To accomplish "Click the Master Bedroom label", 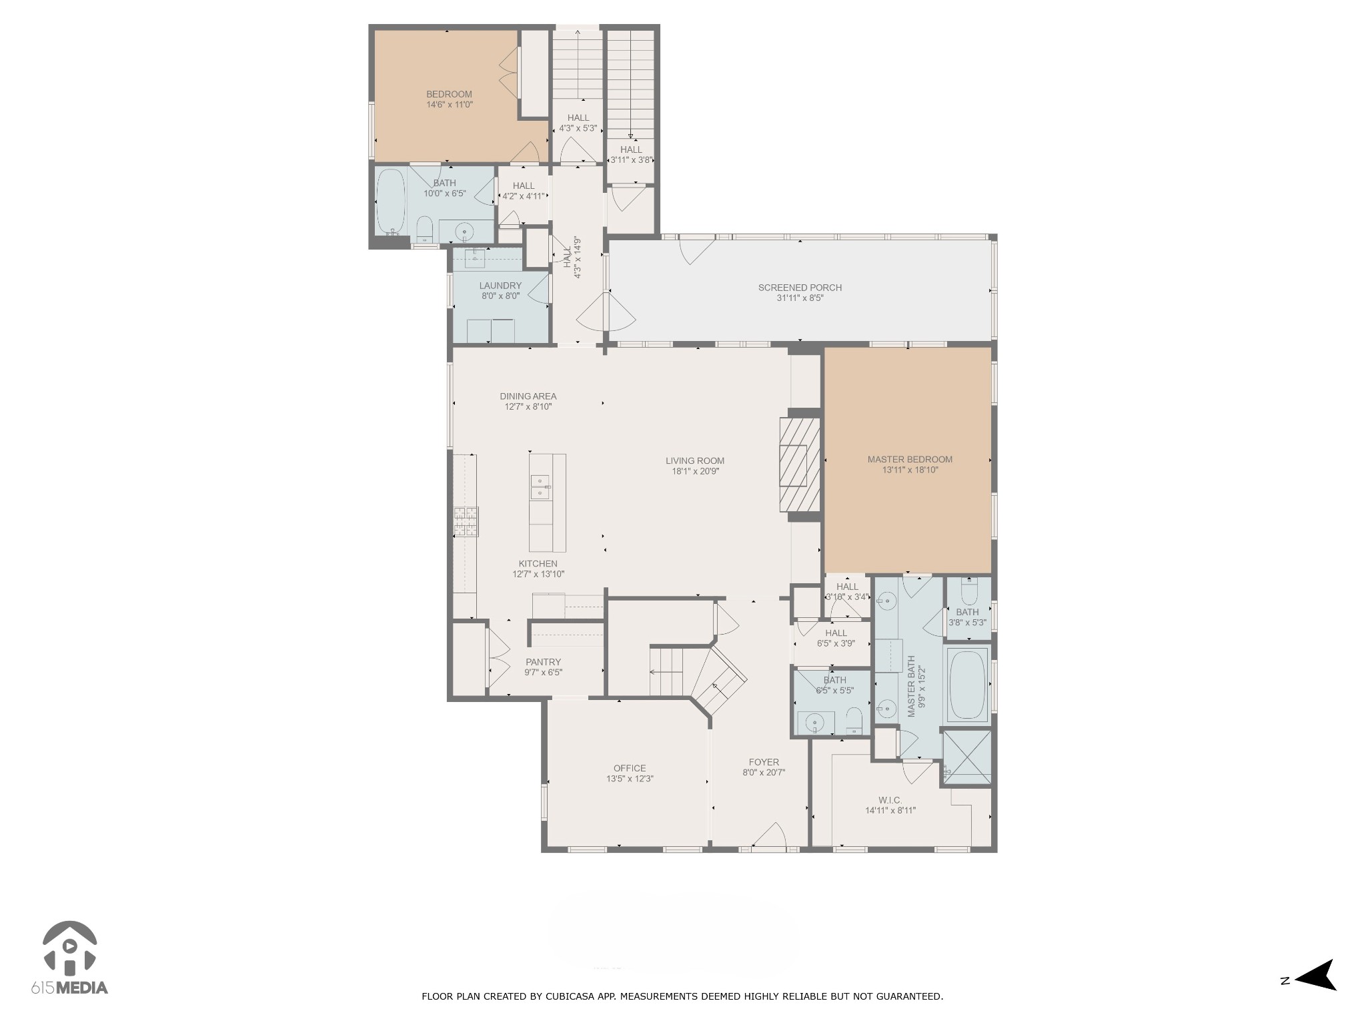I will point(909,459).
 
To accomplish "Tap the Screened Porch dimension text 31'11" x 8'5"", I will point(800,298).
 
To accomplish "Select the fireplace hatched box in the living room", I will point(800,465).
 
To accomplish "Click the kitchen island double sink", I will point(540,487).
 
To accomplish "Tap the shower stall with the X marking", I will point(967,757).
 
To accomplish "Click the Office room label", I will point(630,768).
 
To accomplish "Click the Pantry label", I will point(543,662).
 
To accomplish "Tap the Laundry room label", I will point(500,286).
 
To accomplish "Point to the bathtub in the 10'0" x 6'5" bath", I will point(390,200).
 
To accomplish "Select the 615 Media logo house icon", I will point(69,947).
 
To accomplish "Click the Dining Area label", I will point(528,396).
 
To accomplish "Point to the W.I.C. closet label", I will point(890,800).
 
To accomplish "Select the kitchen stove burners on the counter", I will point(466,522).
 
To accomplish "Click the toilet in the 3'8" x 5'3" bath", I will point(968,591).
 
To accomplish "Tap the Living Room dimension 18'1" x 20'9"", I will point(695,471).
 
